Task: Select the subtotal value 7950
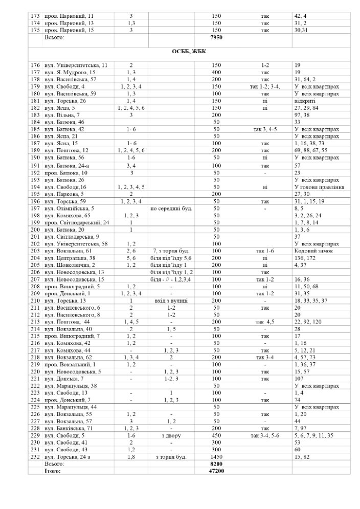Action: [216, 37]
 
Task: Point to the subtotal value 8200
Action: [216, 464]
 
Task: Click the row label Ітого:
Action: [53, 470]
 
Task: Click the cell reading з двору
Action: [170, 435]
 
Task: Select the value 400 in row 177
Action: [216, 72]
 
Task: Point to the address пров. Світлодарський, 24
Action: [77, 223]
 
